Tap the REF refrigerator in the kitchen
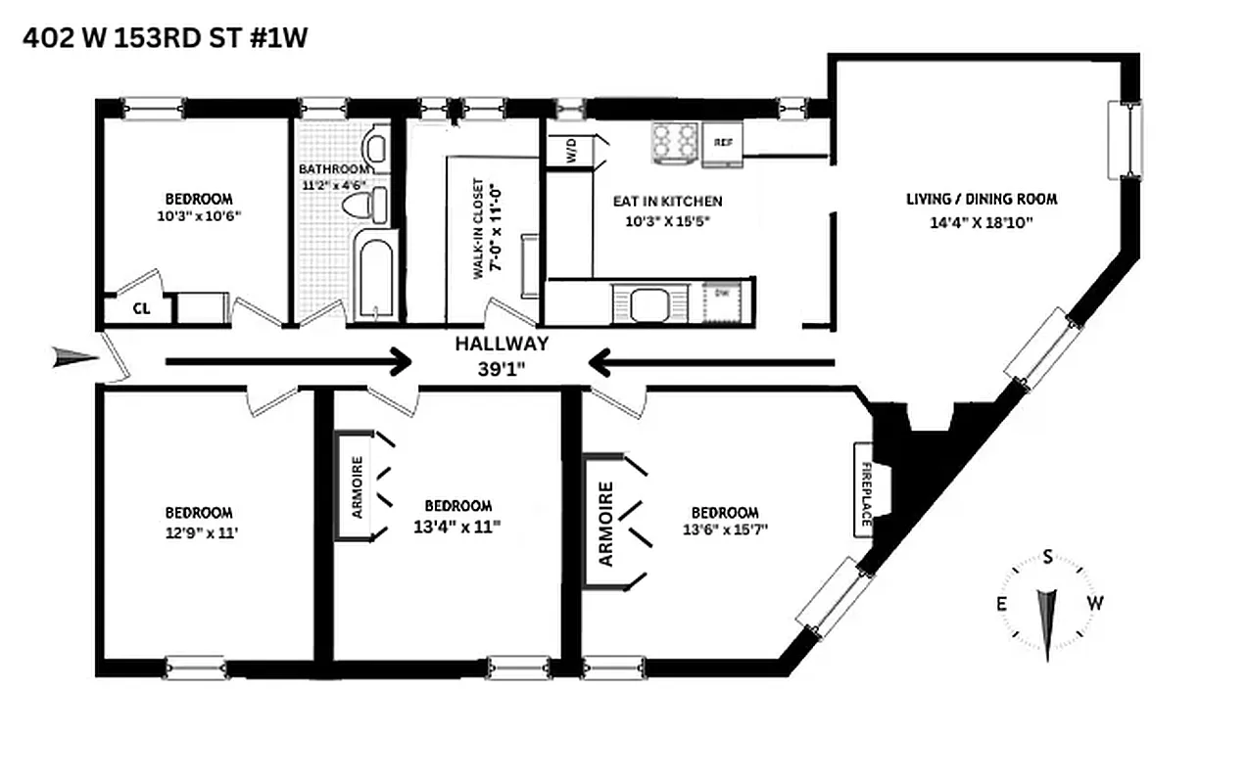(723, 142)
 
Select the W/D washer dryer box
(569, 152)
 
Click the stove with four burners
(674, 140)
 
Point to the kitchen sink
(649, 303)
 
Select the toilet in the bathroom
(367, 205)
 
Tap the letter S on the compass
(1047, 558)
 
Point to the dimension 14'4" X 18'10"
(981, 222)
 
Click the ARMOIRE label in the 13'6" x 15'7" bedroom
(605, 524)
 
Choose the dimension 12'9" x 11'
(199, 534)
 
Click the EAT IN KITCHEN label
(667, 202)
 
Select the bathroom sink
(374, 149)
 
